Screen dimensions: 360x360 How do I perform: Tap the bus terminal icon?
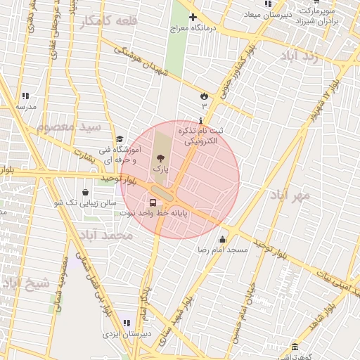tap(153, 203)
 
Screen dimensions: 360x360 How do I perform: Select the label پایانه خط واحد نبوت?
tap(153, 212)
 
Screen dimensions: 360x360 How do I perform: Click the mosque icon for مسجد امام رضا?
tap(223, 240)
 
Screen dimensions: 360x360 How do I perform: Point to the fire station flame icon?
tap(204, 96)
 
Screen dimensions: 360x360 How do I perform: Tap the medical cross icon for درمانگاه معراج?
tap(193, 18)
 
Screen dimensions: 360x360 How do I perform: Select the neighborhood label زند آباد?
tap(299, 56)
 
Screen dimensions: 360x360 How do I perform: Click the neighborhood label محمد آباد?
tap(106, 235)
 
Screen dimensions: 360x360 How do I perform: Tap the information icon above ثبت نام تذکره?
tap(202, 120)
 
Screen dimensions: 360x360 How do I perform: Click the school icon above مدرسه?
tap(25, 96)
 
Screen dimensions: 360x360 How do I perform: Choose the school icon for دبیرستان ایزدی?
tap(127, 323)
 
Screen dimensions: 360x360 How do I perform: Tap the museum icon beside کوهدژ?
tap(294, 347)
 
